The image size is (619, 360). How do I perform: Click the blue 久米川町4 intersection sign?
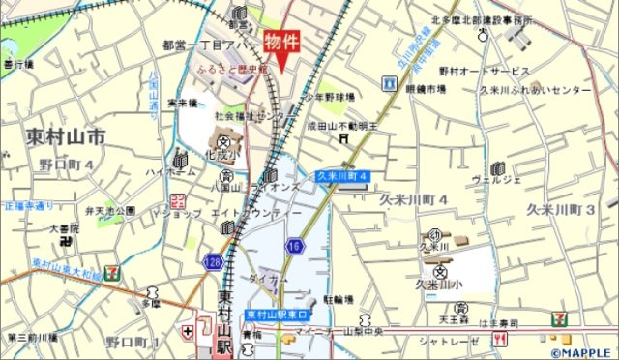click(x=342, y=176)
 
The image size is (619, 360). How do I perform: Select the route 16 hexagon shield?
click(x=293, y=248)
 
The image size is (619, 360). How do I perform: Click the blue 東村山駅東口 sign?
click(x=276, y=315)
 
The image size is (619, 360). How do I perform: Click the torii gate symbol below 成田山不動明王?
click(x=341, y=138)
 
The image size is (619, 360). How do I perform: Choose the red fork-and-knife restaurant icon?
click(x=499, y=339)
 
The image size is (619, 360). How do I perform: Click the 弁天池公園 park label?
click(x=109, y=210)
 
